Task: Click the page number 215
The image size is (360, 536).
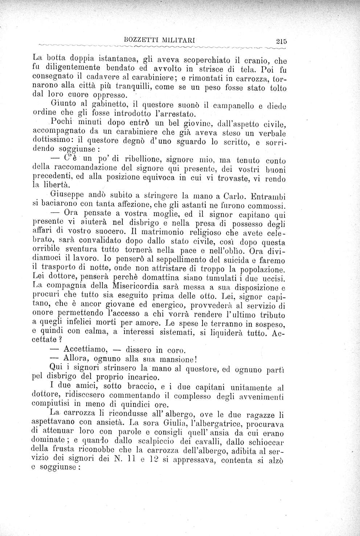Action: click(281, 41)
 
